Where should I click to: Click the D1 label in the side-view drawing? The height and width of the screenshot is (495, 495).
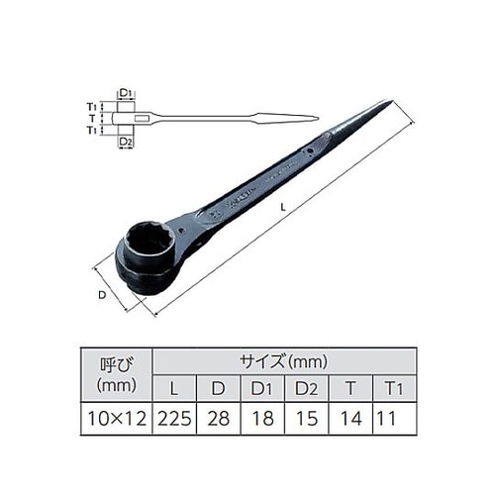click(x=127, y=95)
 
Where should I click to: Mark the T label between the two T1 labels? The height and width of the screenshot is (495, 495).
click(x=91, y=119)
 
